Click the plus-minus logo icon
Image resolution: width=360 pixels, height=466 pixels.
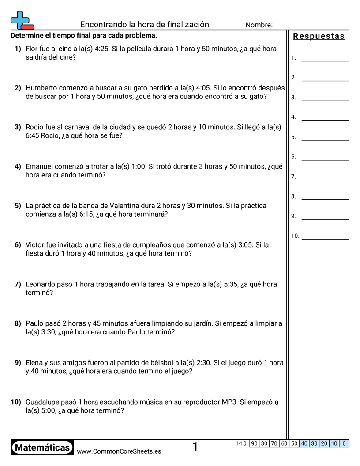coord(22,20)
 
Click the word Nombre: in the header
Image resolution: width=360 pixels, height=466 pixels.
coord(259,25)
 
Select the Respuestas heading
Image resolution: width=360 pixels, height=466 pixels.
coord(319,36)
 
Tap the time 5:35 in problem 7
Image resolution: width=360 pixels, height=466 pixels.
coord(232,284)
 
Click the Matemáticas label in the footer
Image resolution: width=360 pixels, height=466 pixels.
coord(42,447)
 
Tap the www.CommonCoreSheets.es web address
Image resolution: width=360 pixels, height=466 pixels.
coord(119,451)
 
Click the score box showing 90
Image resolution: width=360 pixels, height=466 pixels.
coord(254,443)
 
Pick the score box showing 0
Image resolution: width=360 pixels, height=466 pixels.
coord(344,443)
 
